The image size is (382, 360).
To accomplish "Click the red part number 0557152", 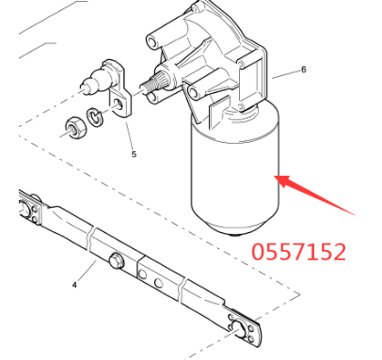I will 298,252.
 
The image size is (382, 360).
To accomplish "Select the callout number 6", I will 304,70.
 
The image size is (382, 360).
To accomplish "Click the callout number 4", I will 74,283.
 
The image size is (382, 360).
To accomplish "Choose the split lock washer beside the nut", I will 95,118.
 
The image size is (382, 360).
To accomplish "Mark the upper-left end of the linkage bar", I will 27,203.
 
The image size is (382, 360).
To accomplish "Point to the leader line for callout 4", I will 88,273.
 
